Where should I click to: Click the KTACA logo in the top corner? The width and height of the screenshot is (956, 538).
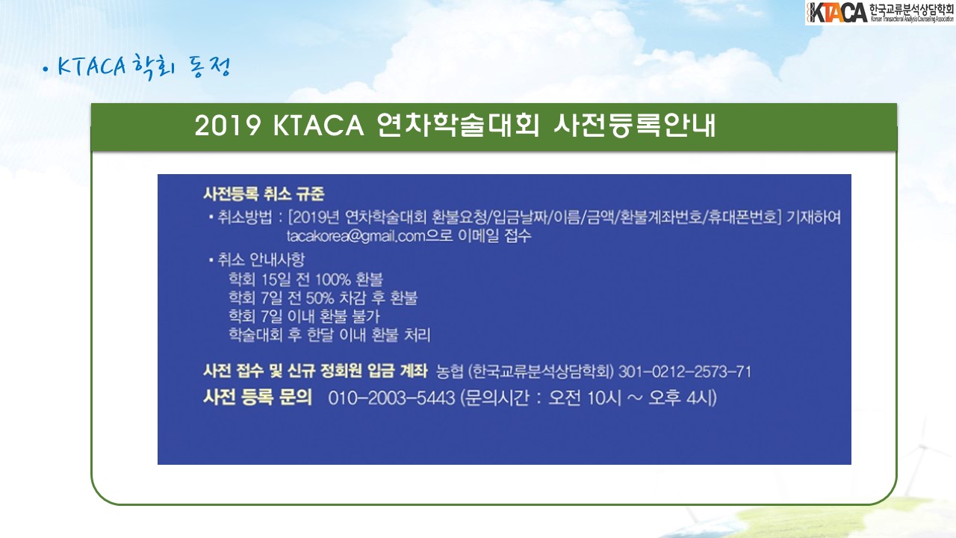(880, 13)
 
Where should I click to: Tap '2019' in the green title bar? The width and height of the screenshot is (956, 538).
(228, 126)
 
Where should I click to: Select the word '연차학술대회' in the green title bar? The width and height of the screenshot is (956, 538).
(458, 126)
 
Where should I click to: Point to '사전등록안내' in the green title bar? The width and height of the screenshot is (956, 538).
(635, 126)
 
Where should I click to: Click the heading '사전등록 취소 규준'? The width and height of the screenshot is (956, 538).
(264, 194)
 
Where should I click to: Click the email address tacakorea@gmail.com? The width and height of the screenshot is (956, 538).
(356, 236)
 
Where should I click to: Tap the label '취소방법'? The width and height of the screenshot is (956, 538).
(244, 217)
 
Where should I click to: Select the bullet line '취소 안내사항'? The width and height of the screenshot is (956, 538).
(257, 259)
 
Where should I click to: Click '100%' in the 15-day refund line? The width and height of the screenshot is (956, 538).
(333, 279)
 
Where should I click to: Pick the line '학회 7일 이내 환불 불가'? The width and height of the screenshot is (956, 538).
(304, 316)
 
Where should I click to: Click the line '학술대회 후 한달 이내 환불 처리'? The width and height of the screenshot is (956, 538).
(329, 335)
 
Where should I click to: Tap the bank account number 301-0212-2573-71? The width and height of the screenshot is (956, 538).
(685, 371)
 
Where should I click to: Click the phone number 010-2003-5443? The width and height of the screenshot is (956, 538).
(391, 398)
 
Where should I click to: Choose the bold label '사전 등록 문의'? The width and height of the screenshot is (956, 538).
(258, 397)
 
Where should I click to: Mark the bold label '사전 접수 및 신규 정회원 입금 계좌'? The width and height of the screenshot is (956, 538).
(315, 371)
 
